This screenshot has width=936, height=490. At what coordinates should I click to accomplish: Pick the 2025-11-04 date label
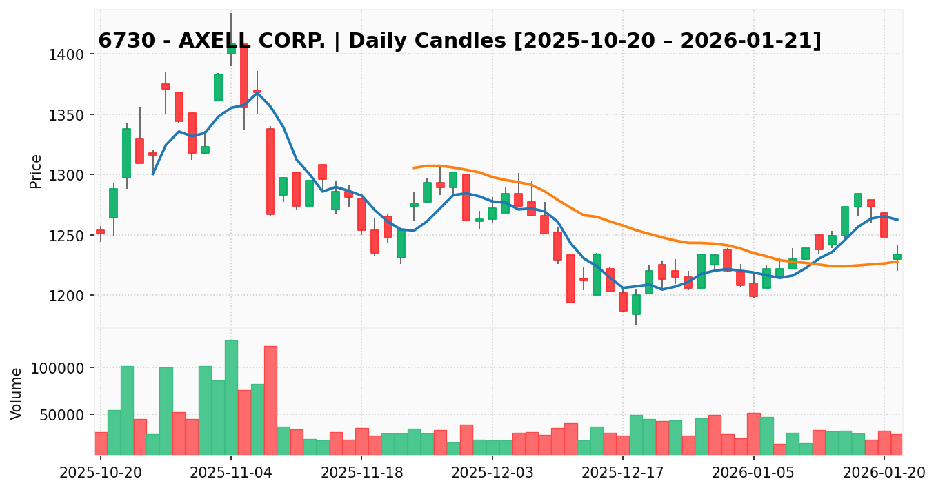click(231, 473)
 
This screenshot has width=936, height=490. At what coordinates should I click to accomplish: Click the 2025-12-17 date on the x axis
click(623, 473)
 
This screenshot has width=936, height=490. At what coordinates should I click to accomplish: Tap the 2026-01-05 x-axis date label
click(753, 473)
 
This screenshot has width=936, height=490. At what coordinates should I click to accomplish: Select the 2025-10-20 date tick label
click(101, 473)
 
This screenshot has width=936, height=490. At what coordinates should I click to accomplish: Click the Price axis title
click(36, 171)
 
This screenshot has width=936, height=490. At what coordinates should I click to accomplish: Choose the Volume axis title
click(17, 393)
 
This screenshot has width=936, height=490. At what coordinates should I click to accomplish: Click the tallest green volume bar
click(231, 398)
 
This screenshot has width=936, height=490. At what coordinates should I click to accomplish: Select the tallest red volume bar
click(270, 400)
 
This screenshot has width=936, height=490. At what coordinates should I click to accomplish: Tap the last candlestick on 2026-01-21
click(897, 256)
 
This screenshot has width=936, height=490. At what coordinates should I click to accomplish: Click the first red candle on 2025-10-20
click(101, 232)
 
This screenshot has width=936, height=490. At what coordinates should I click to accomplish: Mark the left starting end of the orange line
click(414, 167)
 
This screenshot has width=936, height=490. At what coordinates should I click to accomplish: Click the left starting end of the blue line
click(152, 174)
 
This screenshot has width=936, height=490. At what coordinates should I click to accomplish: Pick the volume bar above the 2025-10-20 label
click(101, 443)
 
